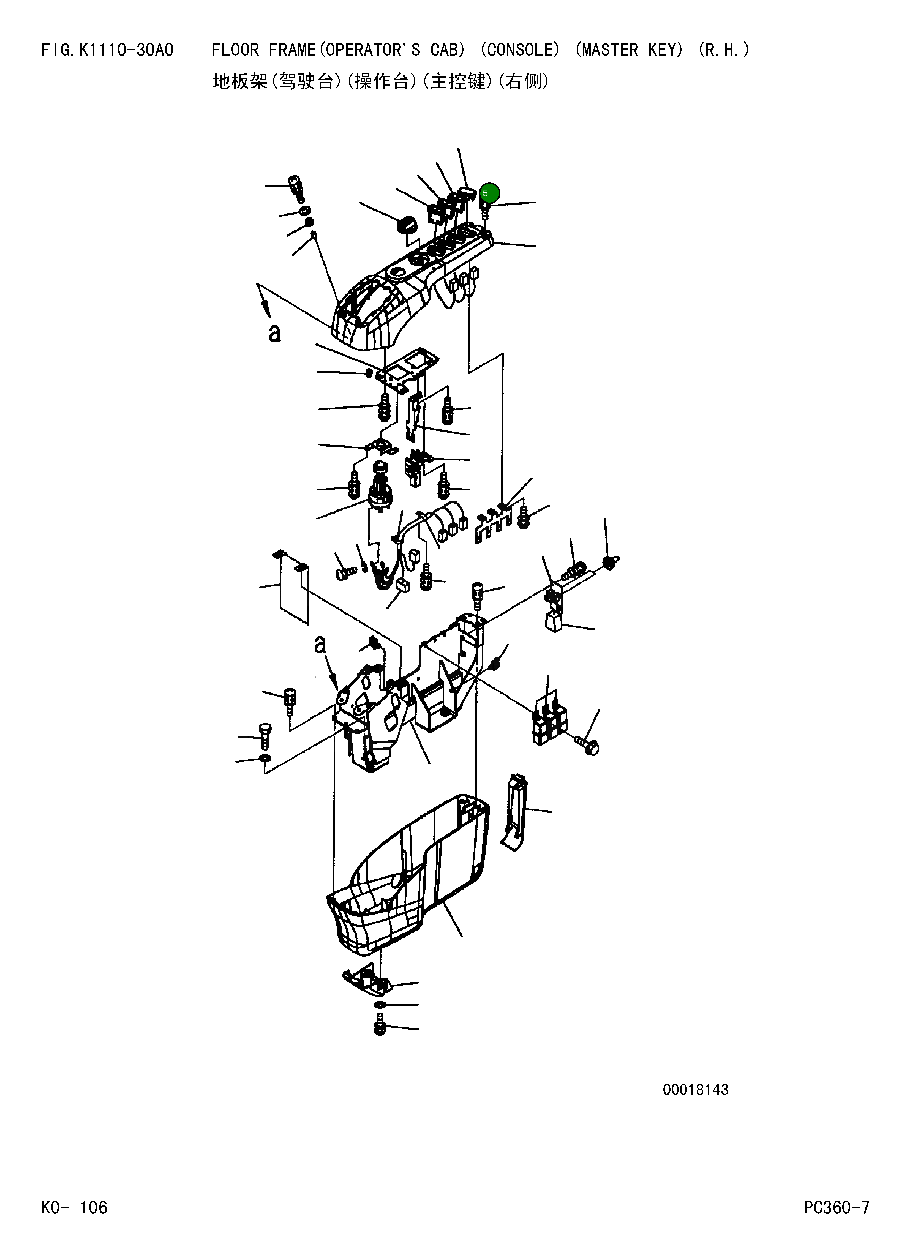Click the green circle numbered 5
[489, 193]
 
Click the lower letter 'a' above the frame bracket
[320, 645]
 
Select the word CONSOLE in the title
[520, 50]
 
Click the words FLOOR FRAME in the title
[263, 50]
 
